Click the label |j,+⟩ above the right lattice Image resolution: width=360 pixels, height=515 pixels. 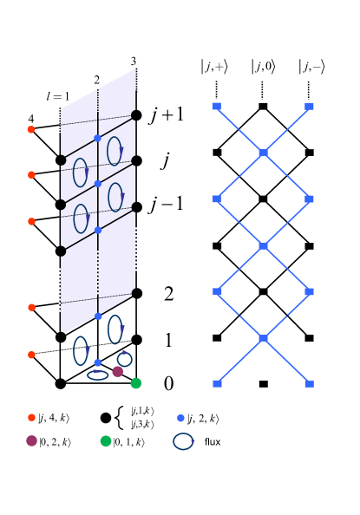(215, 66)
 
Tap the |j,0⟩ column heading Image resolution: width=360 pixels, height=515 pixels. (263, 66)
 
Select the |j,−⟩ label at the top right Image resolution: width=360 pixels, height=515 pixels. (310, 66)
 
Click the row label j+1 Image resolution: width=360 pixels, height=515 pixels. (166, 115)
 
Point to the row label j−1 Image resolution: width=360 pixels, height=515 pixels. (166, 205)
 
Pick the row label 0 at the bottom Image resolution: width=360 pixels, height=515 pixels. (168, 383)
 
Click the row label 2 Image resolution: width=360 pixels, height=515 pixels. (168, 294)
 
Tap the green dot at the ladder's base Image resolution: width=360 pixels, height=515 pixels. (136, 382)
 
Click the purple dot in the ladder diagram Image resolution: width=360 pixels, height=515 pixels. (118, 371)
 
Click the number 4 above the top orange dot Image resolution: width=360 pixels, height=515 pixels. (31, 118)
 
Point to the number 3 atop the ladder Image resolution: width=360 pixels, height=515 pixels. (134, 61)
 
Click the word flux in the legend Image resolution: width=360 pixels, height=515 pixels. (213, 441)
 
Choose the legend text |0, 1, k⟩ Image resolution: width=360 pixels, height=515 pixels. (128, 442)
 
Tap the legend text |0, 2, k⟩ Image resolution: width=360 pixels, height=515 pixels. (55, 442)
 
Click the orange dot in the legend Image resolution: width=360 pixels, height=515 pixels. (32, 418)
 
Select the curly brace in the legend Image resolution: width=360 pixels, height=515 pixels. (120, 418)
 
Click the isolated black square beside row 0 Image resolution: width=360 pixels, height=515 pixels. (263, 383)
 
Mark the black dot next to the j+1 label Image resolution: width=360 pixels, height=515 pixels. (136, 114)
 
